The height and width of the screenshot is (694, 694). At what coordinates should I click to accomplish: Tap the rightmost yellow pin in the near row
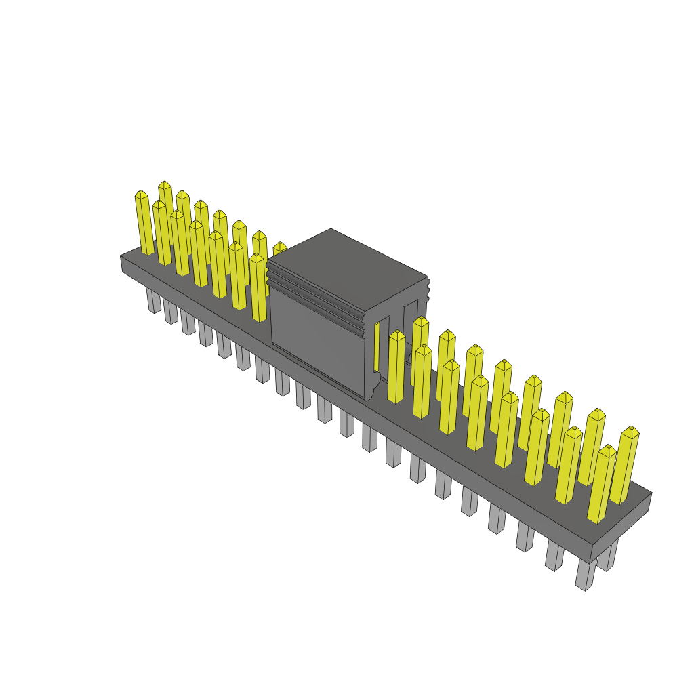pos(602,484)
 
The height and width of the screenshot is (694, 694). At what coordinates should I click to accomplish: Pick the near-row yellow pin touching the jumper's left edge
pos(258,287)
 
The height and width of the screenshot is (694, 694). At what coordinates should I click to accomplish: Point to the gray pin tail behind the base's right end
pos(609,556)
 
